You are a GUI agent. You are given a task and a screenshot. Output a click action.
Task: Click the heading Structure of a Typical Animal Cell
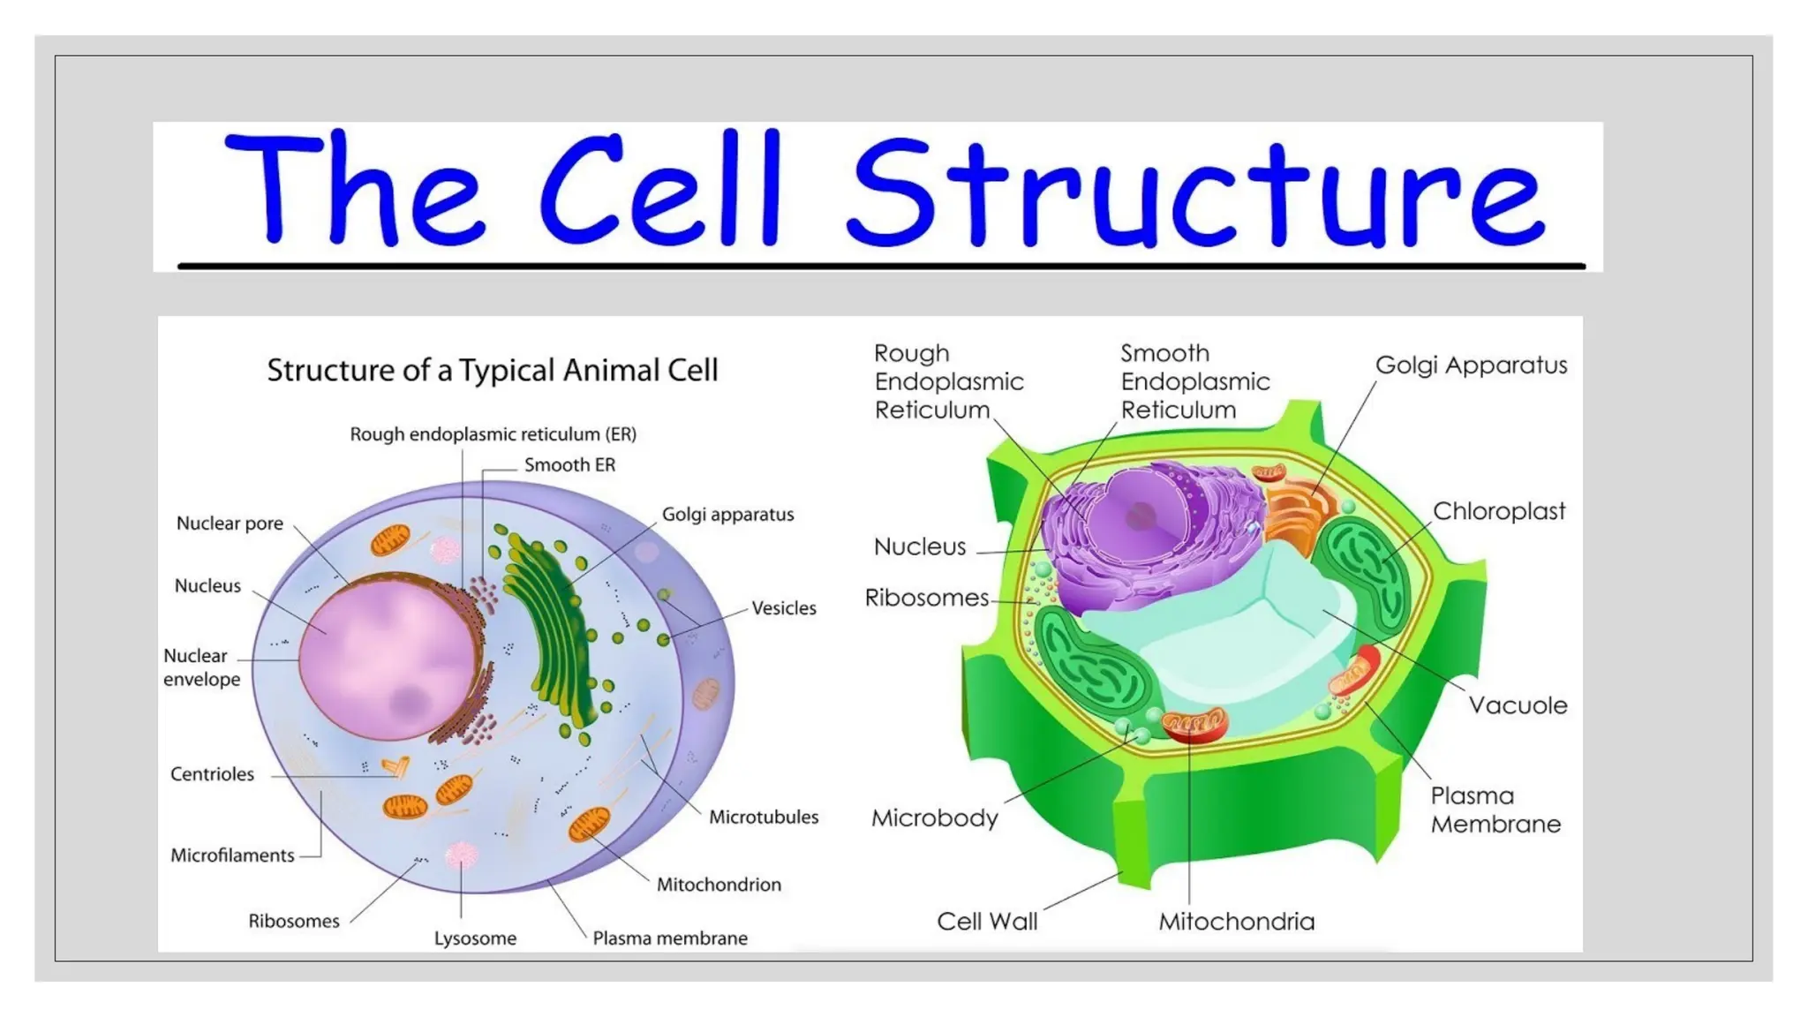[493, 370]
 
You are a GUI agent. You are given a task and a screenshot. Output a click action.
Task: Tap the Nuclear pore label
[230, 524]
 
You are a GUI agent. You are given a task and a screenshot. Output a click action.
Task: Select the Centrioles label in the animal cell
[212, 774]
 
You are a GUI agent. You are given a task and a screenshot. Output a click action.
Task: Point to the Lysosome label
[475, 938]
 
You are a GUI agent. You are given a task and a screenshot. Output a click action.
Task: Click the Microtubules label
[764, 817]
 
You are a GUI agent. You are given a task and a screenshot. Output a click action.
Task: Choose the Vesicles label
[784, 608]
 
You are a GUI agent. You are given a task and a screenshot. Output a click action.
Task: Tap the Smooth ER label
[569, 465]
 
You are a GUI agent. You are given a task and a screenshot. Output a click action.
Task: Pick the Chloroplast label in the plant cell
[1498, 511]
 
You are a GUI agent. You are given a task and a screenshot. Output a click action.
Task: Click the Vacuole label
[1518, 705]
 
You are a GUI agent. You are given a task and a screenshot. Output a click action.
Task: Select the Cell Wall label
[987, 922]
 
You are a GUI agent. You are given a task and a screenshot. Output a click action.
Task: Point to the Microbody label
[934, 818]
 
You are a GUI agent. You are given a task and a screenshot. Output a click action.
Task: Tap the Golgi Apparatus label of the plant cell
[1471, 365]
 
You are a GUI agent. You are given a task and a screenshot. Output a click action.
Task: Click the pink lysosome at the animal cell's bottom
[461, 854]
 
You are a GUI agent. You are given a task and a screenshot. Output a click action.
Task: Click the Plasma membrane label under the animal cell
[669, 938]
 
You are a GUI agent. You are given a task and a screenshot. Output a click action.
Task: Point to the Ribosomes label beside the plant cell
[926, 599]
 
